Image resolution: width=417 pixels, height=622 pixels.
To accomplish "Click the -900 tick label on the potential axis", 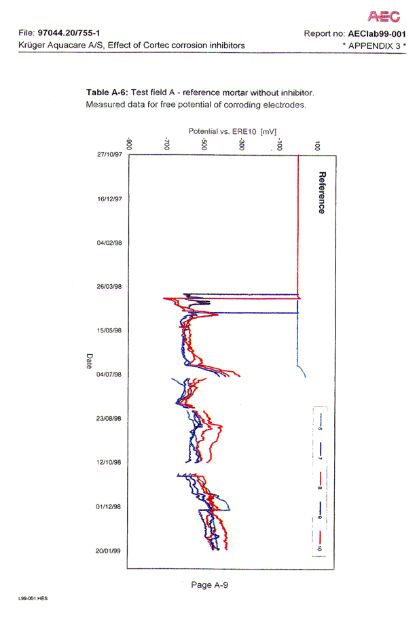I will (x=129, y=144).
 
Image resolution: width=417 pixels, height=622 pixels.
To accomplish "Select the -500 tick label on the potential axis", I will (x=205, y=144).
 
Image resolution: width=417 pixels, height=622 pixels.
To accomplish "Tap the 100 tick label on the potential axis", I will (x=318, y=145).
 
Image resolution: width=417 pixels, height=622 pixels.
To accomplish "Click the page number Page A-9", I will (x=209, y=584).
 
